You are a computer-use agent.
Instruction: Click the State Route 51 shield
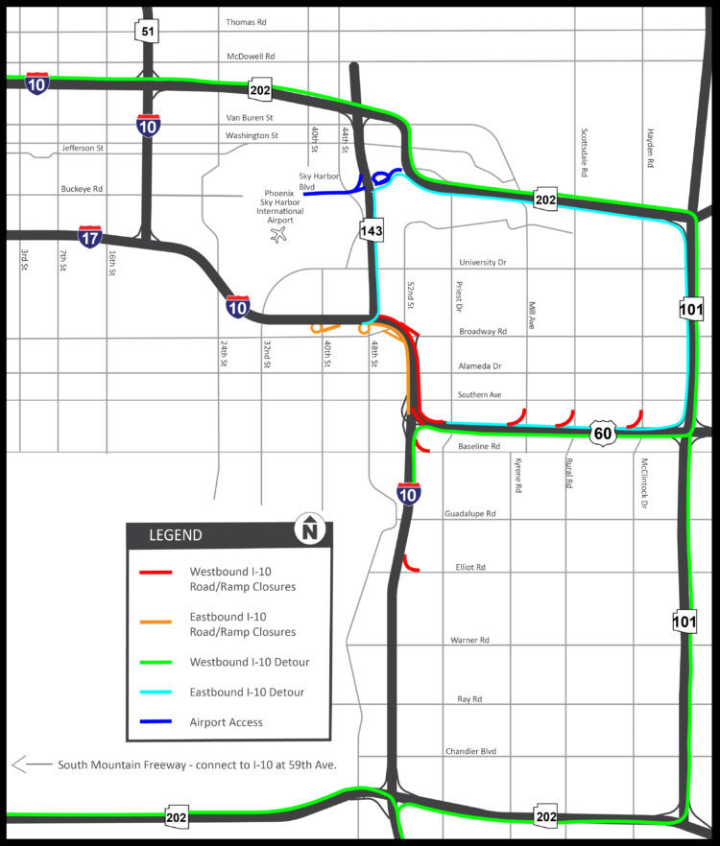[146, 32]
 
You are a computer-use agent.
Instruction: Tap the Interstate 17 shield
[90, 236]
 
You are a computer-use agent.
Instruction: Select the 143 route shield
[372, 229]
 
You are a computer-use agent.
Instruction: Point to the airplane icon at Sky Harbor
[279, 234]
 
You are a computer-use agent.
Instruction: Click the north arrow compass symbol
[310, 530]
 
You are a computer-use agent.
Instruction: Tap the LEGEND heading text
[175, 535]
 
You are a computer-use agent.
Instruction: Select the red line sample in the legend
[154, 573]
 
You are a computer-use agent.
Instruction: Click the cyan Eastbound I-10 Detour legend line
[154, 692]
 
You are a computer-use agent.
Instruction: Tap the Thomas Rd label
[245, 22]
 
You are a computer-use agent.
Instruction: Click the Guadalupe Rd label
[469, 514]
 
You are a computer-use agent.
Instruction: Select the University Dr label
[482, 262]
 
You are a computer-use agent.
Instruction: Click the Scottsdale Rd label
[584, 153]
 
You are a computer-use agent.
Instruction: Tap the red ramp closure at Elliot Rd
[410, 564]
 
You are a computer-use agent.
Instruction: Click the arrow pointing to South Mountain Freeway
[30, 764]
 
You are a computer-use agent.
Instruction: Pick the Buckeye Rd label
[82, 190]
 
